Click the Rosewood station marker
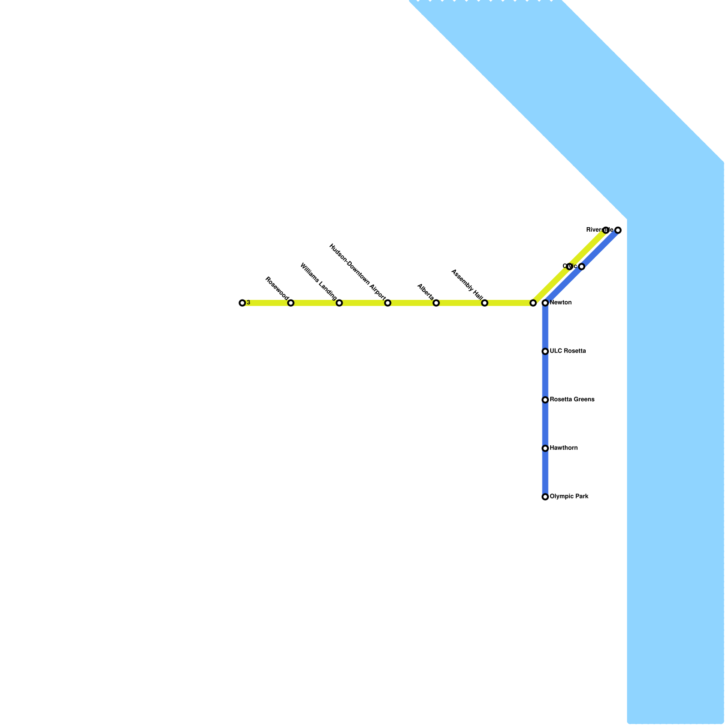coord(291,303)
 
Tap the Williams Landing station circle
coord(339,303)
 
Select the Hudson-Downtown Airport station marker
coord(388,303)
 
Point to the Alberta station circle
coord(436,303)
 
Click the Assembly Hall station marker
coord(484,303)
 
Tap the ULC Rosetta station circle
coord(545,351)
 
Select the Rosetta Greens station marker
coord(545,400)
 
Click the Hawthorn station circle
coord(545,448)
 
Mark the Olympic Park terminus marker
coord(545,497)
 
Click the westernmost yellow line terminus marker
coord(242,303)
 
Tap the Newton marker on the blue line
coord(545,303)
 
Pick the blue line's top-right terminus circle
coord(618,230)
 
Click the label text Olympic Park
coord(569,497)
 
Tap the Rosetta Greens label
coord(572,400)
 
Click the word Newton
coord(561,303)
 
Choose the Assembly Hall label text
coord(467,284)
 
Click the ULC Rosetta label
coord(568,351)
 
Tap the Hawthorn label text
coord(563,448)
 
